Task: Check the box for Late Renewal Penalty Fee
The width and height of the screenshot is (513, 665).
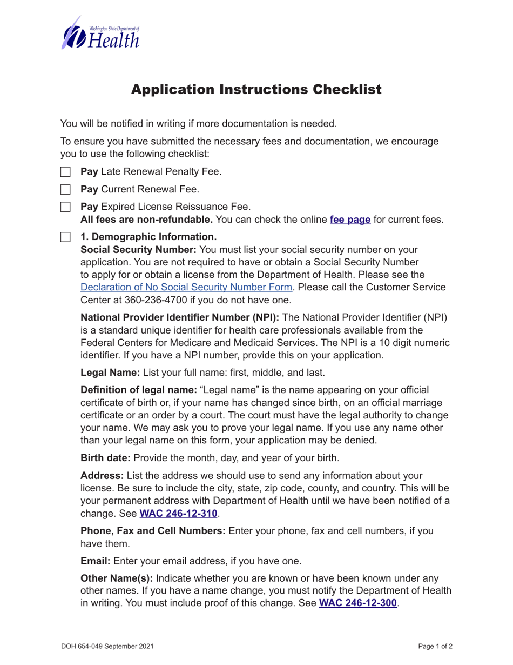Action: (66, 172)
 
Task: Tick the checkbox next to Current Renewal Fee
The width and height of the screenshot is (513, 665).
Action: (66, 190)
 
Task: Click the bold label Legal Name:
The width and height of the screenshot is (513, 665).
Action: (110, 372)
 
